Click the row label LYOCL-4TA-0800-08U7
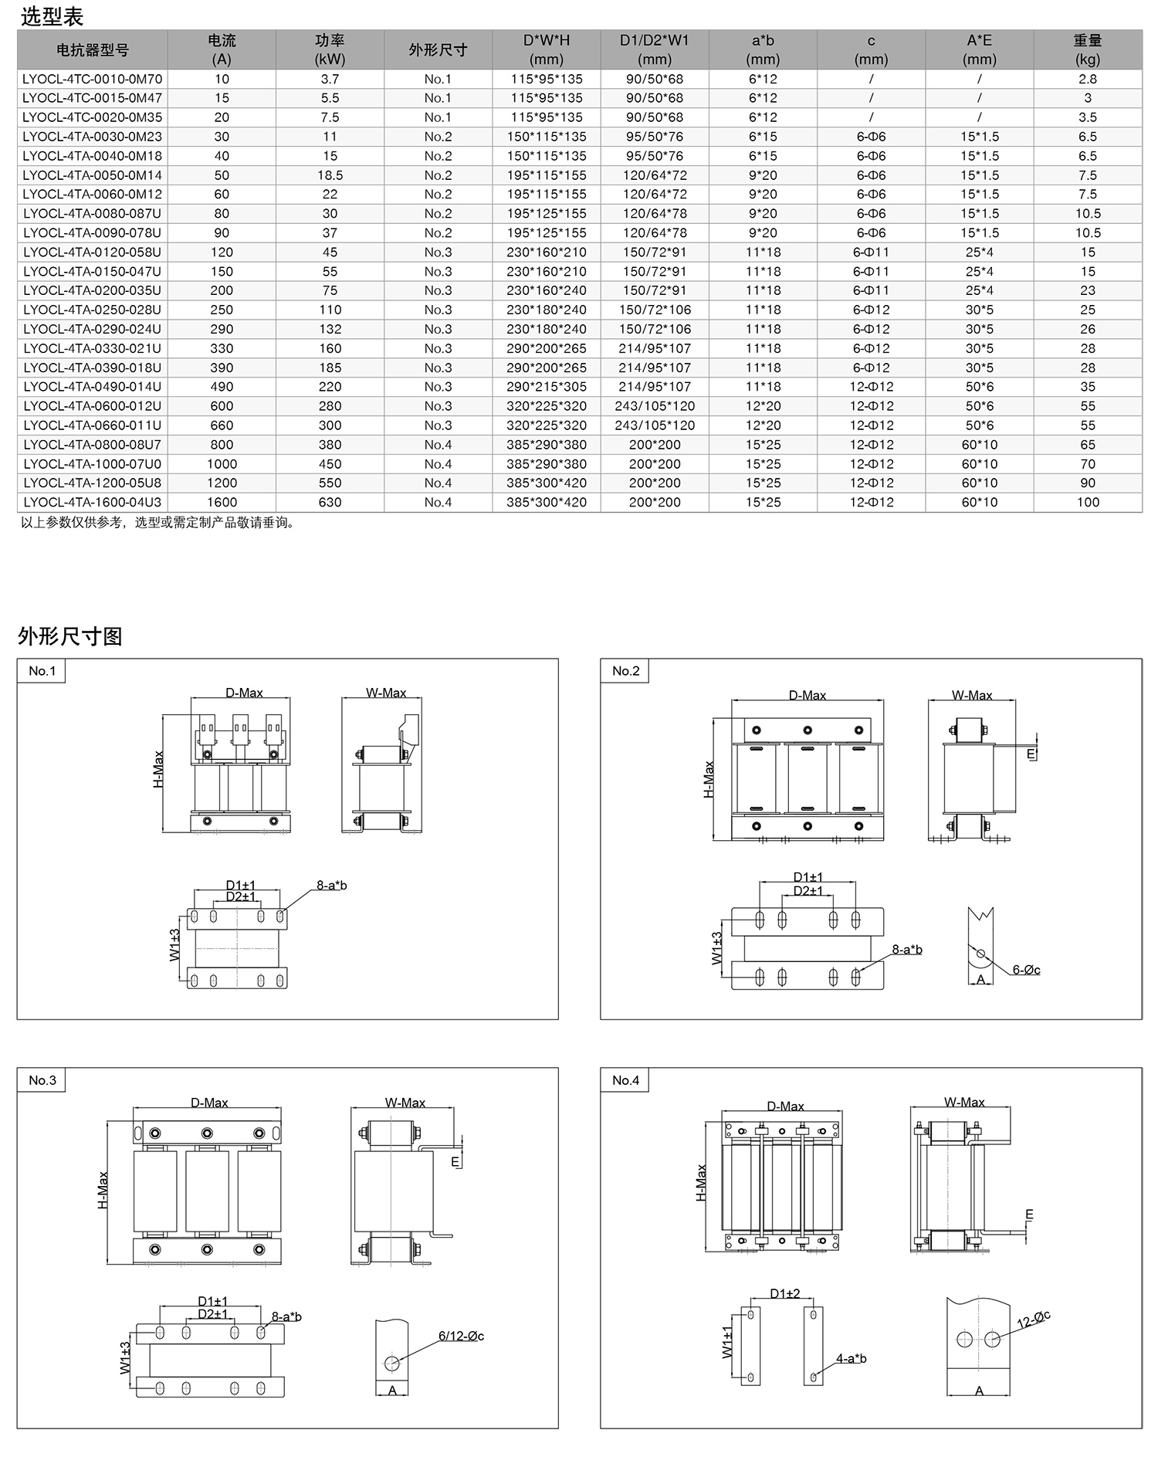[92, 445]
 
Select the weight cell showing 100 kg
[1087, 503]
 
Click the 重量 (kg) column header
[1087, 49]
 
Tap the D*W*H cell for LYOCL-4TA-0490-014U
[546, 387]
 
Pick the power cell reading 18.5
[330, 175]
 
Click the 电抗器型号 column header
[92, 50]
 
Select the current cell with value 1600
[222, 503]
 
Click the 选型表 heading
[52, 16]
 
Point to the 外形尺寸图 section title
[69, 636]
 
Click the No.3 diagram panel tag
[42, 1080]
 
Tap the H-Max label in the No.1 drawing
[158, 769]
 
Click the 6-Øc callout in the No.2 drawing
[1026, 970]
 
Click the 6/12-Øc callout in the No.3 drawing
[461, 1336]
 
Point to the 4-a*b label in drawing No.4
[851, 1358]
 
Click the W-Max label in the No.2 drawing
[971, 696]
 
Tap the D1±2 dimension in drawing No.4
[784, 1293]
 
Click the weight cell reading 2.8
[1087, 79]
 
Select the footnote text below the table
[158, 523]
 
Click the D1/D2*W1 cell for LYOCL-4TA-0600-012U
[654, 406]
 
